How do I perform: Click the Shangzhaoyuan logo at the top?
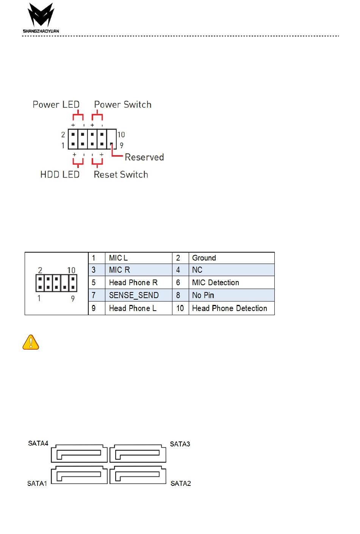41,18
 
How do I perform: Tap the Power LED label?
56,105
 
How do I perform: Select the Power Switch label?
123,105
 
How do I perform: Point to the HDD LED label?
60,174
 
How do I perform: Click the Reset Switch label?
121,174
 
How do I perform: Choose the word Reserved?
144,157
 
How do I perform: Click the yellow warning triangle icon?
31,342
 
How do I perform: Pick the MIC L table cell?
118,258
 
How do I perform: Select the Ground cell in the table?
204,258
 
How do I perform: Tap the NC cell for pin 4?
197,270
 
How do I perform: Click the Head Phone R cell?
133,283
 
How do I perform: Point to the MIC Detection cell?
215,283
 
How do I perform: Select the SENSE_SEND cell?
133,295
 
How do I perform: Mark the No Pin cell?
203,295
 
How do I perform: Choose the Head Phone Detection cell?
229,308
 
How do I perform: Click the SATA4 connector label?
38,443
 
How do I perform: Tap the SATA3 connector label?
180,444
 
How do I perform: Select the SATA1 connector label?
37,483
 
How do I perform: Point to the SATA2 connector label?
181,483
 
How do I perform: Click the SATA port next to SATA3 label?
138,454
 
